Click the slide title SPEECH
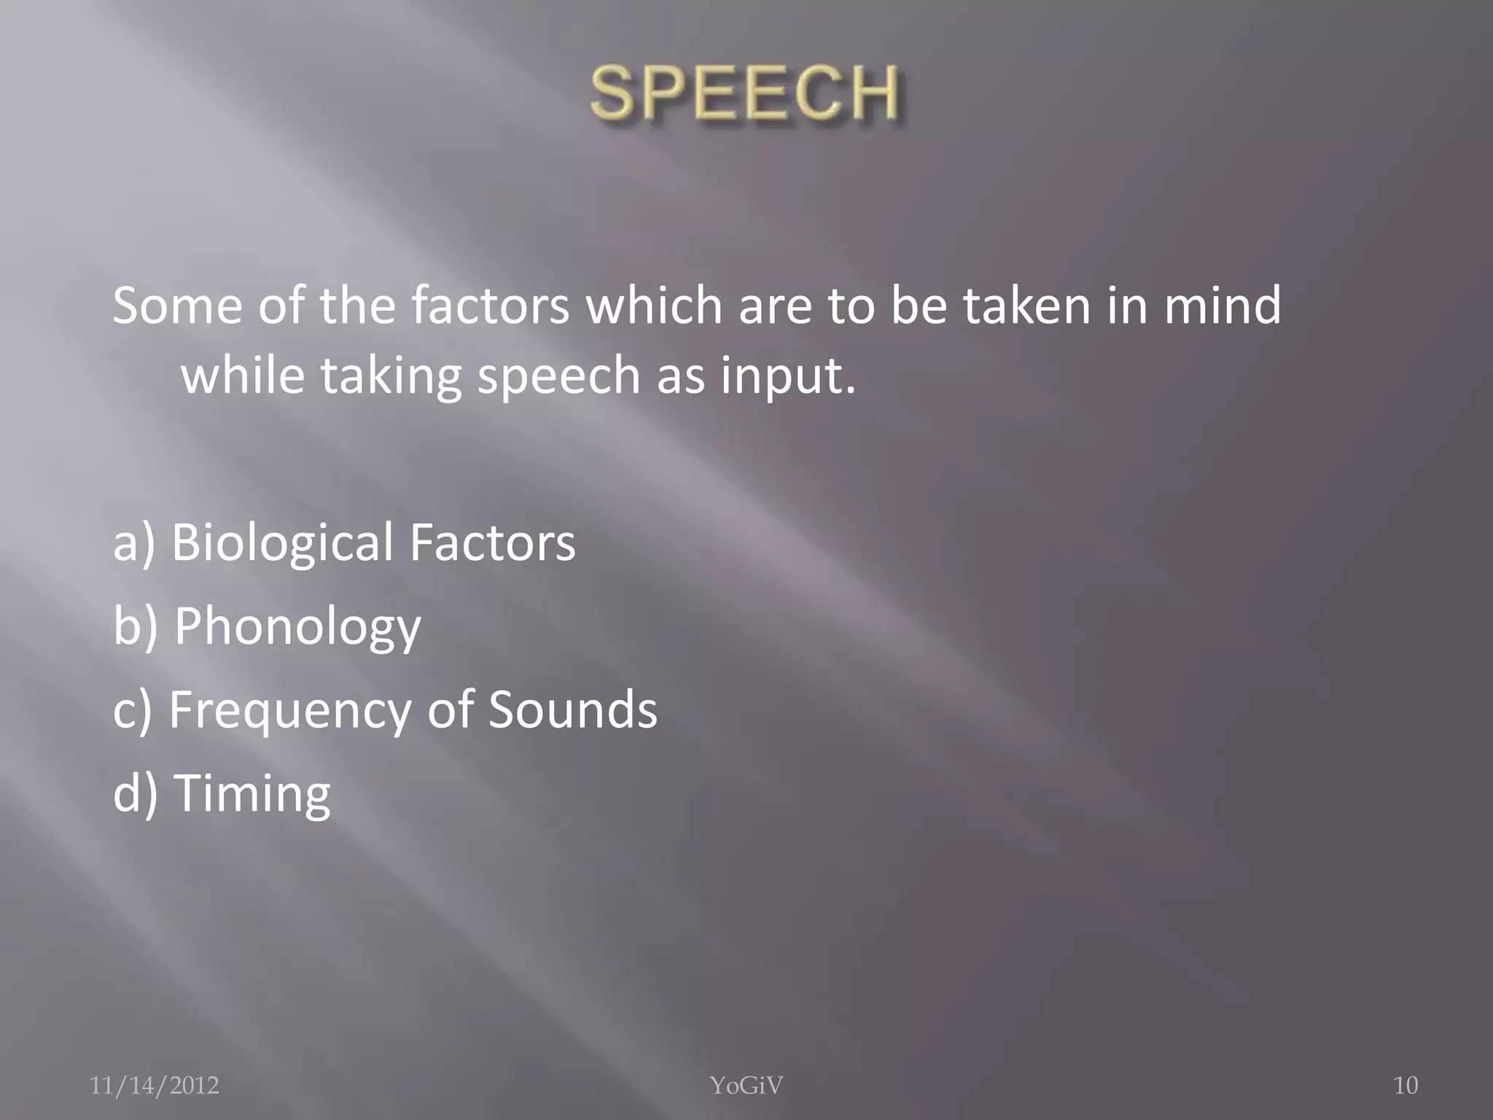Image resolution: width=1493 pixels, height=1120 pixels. (744, 93)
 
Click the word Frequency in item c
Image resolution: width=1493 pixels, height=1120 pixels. (290, 710)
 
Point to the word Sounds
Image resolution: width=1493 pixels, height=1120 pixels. (572, 709)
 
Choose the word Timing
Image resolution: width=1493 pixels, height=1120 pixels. (252, 793)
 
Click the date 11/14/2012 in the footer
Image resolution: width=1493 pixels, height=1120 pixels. (154, 1086)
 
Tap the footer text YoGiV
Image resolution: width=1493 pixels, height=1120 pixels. (746, 1086)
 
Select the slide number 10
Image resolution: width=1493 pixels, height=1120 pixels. (1406, 1086)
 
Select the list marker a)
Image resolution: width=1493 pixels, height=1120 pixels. (134, 543)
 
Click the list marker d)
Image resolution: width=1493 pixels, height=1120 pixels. (136, 793)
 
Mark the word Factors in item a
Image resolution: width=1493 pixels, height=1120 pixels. (492, 543)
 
